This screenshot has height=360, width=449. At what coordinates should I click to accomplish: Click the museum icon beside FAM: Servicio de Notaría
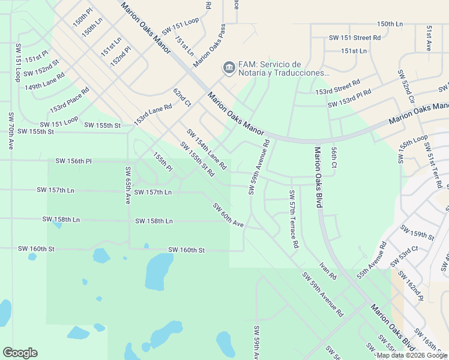(229, 68)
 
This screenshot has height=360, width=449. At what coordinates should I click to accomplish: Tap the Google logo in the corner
(20, 352)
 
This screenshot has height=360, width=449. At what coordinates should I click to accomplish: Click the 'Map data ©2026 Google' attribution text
(411, 355)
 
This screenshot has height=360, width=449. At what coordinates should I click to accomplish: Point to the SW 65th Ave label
(128, 186)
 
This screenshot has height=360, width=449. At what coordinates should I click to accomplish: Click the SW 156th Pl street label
(73, 161)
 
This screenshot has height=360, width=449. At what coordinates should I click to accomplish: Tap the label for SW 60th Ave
(228, 215)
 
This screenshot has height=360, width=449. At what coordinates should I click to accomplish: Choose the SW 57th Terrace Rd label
(294, 220)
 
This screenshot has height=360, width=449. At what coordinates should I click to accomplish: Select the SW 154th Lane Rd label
(206, 149)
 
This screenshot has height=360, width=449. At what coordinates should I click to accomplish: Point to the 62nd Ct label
(182, 98)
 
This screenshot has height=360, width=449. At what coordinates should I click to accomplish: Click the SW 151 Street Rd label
(355, 37)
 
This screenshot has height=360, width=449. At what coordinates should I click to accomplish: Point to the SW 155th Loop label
(411, 149)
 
